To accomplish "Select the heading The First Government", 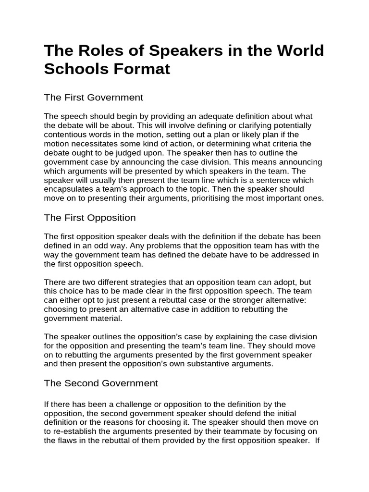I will pos(94,98).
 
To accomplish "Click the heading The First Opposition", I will pos(90,218).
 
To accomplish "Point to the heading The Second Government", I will pos(101,383).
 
